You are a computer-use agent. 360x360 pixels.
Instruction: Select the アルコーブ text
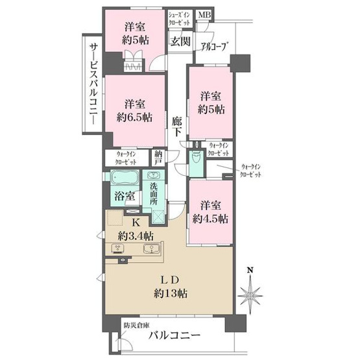pos(213,46)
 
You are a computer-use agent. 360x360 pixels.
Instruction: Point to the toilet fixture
pos(195,159)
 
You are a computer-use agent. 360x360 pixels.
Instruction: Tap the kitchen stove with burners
pos(119,248)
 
